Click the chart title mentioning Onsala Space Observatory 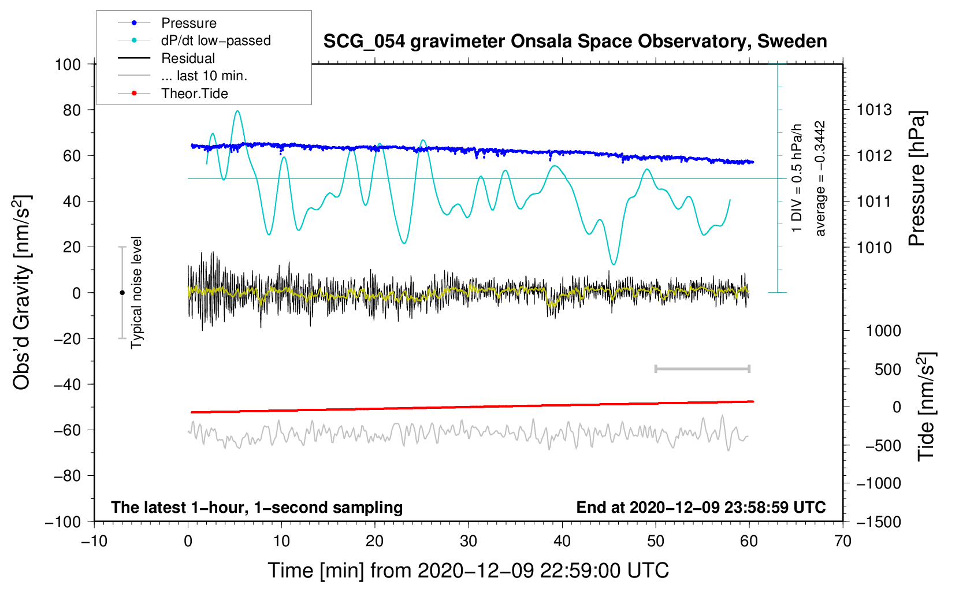(x=575, y=42)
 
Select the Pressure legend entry (x=189, y=23)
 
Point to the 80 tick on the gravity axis (x=72, y=110)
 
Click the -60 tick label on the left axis (x=68, y=430)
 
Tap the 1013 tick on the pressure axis (x=874, y=110)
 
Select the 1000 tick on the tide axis (x=883, y=331)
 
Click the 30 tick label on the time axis (x=469, y=541)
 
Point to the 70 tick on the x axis (x=842, y=541)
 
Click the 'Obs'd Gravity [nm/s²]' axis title (x=21, y=292)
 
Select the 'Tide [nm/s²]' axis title (x=926, y=407)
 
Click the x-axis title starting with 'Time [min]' (x=468, y=571)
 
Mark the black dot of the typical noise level (x=122, y=293)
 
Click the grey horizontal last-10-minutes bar (x=702, y=369)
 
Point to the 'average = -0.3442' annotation (x=819, y=178)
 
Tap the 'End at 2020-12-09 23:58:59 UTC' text (x=701, y=507)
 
